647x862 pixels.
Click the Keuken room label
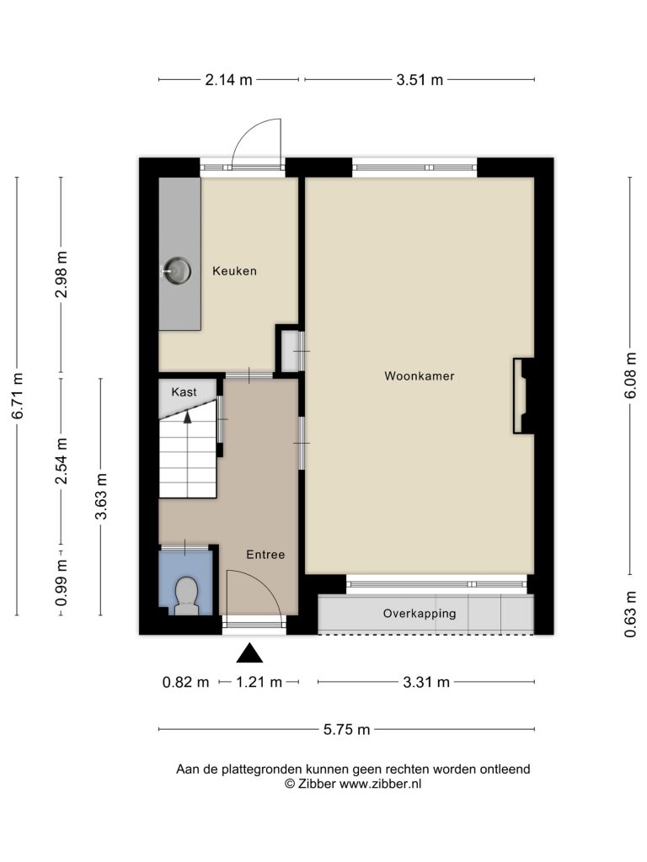[234, 271]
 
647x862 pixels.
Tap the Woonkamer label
[420, 376]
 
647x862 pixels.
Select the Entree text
[265, 555]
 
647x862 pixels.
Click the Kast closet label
[184, 392]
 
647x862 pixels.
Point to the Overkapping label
[420, 614]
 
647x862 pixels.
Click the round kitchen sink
[177, 270]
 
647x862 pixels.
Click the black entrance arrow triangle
[249, 653]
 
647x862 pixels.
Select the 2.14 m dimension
[228, 80]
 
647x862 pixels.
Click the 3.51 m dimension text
[420, 80]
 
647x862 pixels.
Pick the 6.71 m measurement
[18, 396]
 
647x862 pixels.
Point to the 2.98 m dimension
[61, 274]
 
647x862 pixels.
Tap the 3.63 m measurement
[101, 497]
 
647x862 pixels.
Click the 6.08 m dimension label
[631, 376]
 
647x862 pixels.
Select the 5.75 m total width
[346, 730]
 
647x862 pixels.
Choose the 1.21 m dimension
[259, 683]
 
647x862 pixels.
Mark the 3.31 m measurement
[426, 683]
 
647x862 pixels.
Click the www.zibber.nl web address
[380, 784]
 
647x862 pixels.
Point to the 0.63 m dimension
[631, 614]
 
